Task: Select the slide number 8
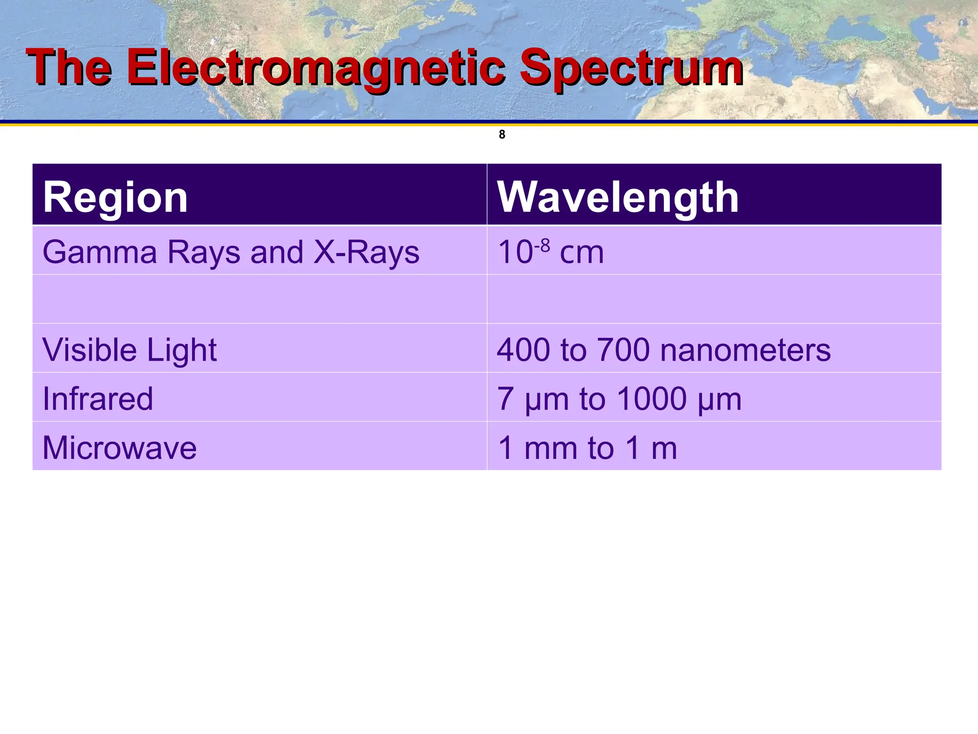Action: pyautogui.click(x=502, y=135)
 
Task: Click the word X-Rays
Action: pyautogui.click(x=366, y=252)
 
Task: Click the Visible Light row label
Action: pyautogui.click(x=130, y=350)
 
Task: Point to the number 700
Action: pyautogui.click(x=624, y=350)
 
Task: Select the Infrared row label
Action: pyautogui.click(x=98, y=399)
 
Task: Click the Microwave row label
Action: pyautogui.click(x=119, y=448)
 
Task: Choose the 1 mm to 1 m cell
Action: pyautogui.click(x=587, y=448)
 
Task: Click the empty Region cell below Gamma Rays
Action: pyautogui.click(x=259, y=299)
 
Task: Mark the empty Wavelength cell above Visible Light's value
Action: pyautogui.click(x=714, y=299)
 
